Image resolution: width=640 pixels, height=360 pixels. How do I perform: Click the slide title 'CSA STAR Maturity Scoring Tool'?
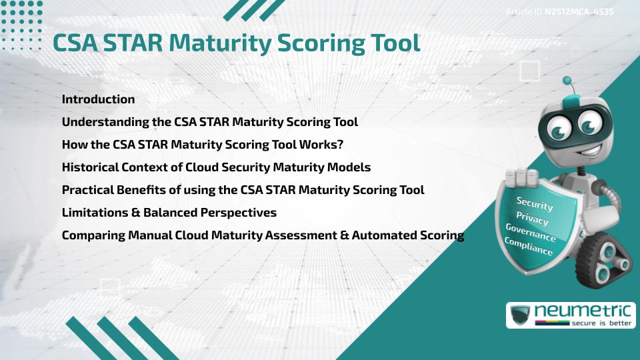pos(237,43)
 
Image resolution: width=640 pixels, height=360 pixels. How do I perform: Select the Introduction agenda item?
pos(98,99)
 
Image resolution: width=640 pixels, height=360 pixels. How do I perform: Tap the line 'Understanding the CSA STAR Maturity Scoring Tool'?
pos(210,122)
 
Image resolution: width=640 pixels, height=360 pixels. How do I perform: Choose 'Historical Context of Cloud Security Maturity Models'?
pos(216,167)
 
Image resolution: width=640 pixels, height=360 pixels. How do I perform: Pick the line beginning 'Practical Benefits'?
pos(243,190)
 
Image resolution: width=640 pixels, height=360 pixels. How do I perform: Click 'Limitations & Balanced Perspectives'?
pos(169,213)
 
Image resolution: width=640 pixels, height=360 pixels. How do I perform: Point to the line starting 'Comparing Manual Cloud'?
pos(263,235)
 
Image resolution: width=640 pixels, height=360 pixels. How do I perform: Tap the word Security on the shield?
pos(535,203)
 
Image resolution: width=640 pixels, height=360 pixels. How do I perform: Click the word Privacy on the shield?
pos(532,218)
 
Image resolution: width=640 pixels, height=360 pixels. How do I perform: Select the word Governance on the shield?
pos(530,233)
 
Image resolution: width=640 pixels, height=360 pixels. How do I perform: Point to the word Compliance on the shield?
pos(528,247)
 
